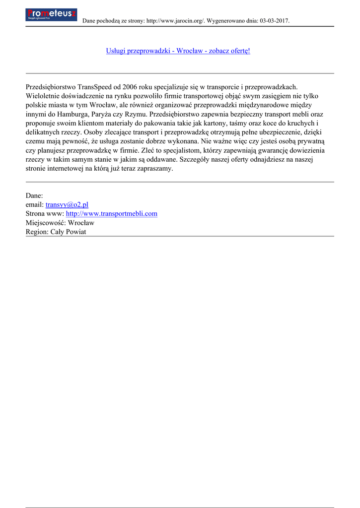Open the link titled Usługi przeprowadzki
coord(178,51)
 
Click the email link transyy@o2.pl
coord(67,204)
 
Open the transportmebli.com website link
coord(112,213)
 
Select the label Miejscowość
coord(45,223)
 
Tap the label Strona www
coord(44,213)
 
